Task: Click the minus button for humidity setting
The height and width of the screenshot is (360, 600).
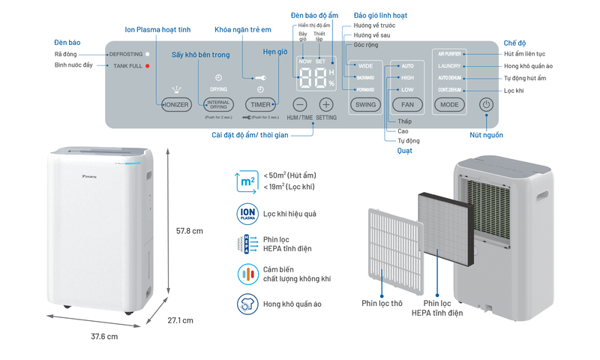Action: pos(300,105)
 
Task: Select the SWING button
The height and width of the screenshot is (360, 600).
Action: pos(365,105)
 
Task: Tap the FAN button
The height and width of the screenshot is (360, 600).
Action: pos(407,105)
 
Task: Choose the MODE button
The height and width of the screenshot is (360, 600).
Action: pos(450,105)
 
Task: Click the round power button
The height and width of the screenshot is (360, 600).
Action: pos(486,105)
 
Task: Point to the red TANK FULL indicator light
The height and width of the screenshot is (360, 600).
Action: pos(148,66)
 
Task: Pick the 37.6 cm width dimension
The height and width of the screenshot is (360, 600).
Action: pos(104,337)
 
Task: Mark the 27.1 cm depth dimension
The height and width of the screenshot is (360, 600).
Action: pos(180,320)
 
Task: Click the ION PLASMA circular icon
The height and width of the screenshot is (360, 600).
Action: pos(247,213)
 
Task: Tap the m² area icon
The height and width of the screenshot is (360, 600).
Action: pos(247,181)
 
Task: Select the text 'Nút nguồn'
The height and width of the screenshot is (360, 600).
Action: pos(487,135)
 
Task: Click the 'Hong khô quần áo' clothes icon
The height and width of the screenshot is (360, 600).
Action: pos(247,304)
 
